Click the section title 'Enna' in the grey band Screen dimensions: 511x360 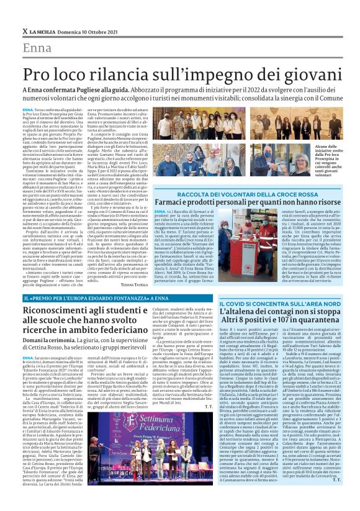(37, 48)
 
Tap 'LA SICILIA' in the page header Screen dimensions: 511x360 (44, 31)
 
